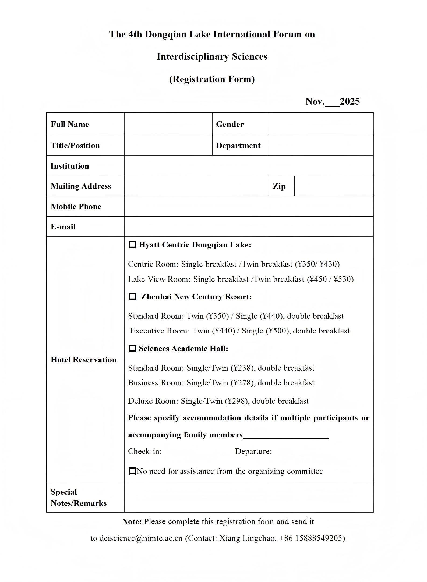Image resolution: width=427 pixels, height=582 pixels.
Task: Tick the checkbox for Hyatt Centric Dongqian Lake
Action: pos(132,245)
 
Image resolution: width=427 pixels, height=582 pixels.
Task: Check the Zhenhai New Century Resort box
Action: pos(132,297)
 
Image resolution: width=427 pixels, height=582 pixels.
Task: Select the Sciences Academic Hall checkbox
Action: pos(132,349)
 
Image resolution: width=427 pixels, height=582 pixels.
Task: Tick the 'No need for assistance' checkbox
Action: pos(132,471)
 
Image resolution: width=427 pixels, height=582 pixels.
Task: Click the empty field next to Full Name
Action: pos(168,124)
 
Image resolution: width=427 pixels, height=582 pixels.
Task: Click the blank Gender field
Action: pos(321,124)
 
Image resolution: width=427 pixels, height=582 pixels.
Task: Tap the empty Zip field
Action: pos(334,186)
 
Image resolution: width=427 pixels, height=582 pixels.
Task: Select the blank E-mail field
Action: pos(249,226)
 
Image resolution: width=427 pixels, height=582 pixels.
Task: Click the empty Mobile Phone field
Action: pos(249,206)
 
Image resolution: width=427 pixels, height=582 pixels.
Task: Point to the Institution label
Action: pos(70,166)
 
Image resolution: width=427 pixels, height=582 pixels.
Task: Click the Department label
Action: pos(238,145)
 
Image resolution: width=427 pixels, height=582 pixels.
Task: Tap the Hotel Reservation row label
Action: pos(83,360)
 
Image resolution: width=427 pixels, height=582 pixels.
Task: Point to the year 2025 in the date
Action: pos(350,101)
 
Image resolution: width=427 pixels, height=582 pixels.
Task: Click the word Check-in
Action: pos(145,451)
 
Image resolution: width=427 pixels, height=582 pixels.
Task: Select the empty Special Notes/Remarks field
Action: pos(249,497)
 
